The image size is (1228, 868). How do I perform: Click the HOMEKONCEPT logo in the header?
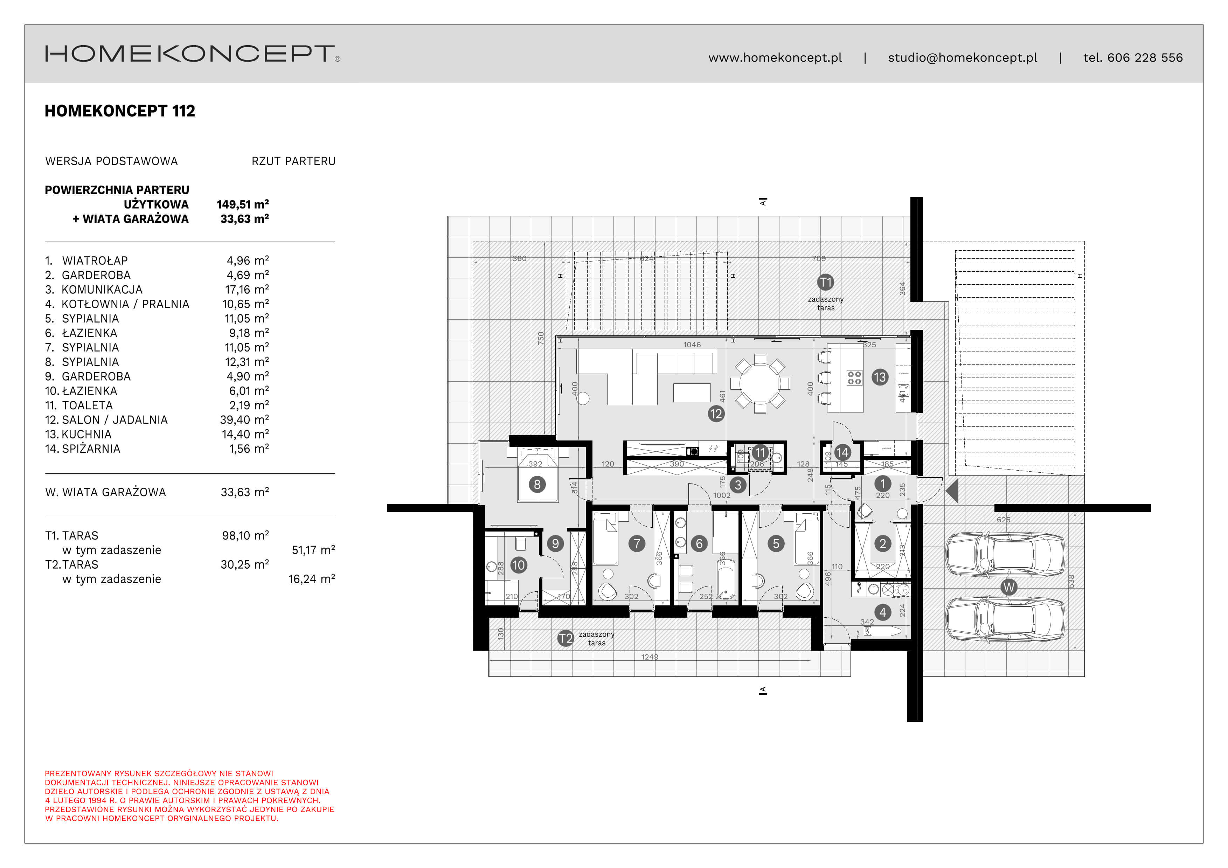point(192,54)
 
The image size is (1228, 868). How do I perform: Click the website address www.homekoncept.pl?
point(775,58)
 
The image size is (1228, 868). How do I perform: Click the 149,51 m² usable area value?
point(242,204)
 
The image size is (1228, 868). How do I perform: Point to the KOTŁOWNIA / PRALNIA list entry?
point(125,304)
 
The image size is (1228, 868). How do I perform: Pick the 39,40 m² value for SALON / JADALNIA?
point(244,420)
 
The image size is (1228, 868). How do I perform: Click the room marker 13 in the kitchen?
point(879,377)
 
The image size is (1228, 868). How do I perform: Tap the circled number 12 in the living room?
point(716,414)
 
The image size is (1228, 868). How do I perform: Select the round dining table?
point(760,383)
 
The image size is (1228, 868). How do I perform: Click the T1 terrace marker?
point(825,282)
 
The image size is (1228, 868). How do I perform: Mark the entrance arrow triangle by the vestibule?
point(952,491)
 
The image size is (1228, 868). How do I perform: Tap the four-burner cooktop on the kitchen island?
point(854,377)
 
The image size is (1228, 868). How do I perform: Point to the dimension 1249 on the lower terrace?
point(650,657)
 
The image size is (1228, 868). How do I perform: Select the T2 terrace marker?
point(566,638)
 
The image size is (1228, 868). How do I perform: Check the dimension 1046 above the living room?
point(692,345)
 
